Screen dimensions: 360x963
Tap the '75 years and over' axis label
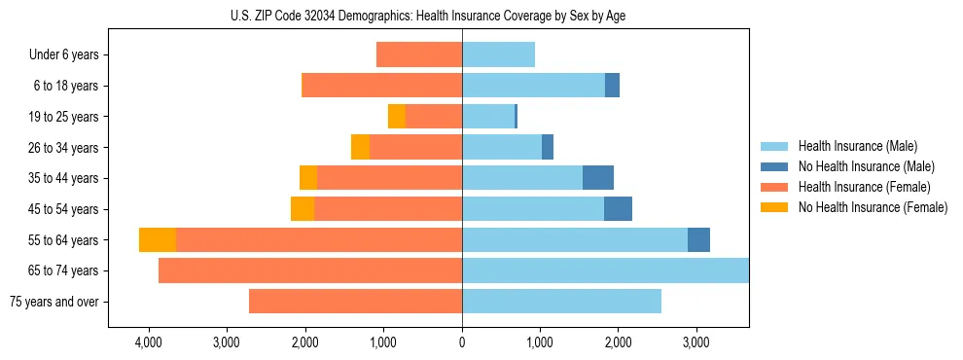tap(54, 302)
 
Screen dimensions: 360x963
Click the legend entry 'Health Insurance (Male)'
tap(857, 146)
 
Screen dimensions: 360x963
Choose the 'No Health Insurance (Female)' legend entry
tap(873, 207)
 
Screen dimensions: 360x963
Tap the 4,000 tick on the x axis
tap(149, 342)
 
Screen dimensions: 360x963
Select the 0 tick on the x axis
tap(462, 342)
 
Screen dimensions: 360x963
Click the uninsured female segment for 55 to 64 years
tap(158, 240)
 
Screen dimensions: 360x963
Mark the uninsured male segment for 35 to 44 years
tap(598, 178)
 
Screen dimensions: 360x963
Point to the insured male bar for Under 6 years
tap(498, 54)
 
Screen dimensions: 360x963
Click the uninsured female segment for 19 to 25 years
tap(397, 117)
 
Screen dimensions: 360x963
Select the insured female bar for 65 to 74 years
tap(310, 270)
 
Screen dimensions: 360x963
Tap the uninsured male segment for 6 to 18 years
tap(612, 86)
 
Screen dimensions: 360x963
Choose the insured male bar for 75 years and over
tap(561, 302)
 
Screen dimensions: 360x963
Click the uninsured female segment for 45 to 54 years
tap(303, 209)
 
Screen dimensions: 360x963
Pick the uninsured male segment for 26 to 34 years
tap(548, 147)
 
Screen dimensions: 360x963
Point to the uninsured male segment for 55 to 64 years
tap(698, 240)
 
